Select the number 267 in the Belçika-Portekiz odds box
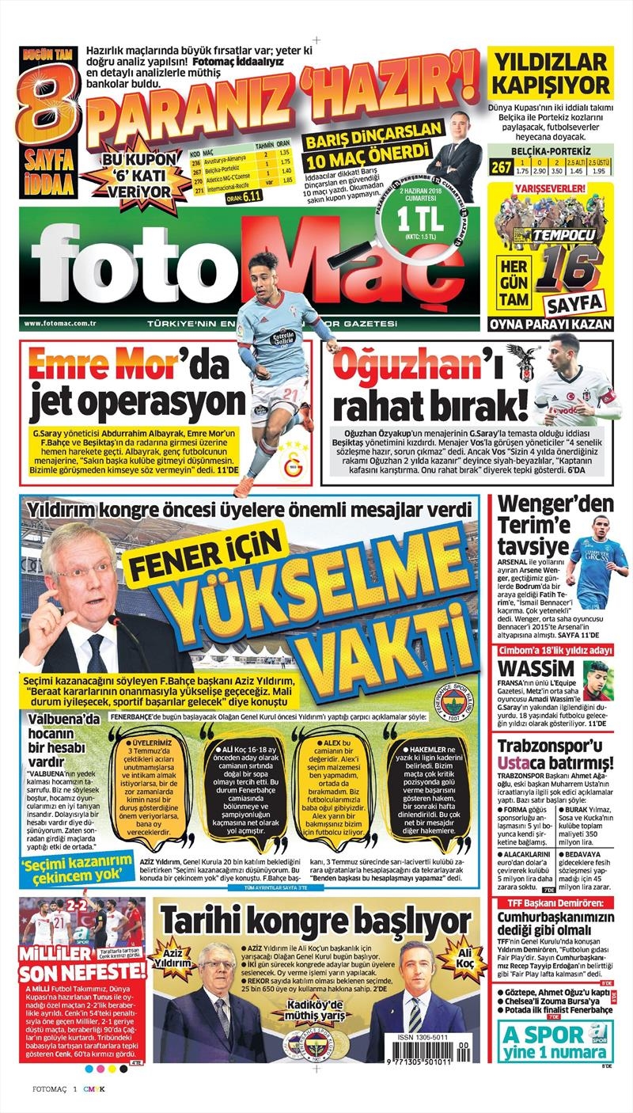tap(500, 165)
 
